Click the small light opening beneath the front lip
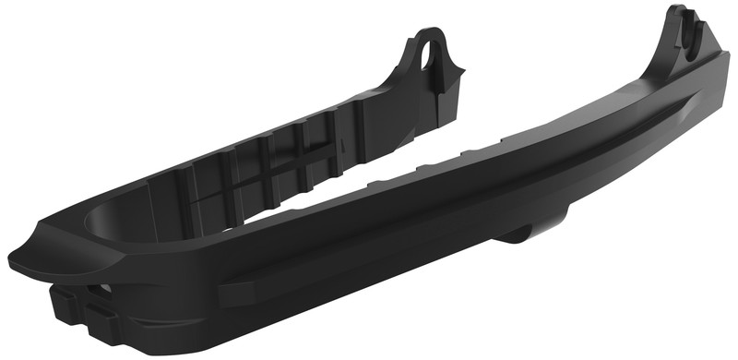pos(103,289)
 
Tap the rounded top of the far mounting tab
pos(430,32)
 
